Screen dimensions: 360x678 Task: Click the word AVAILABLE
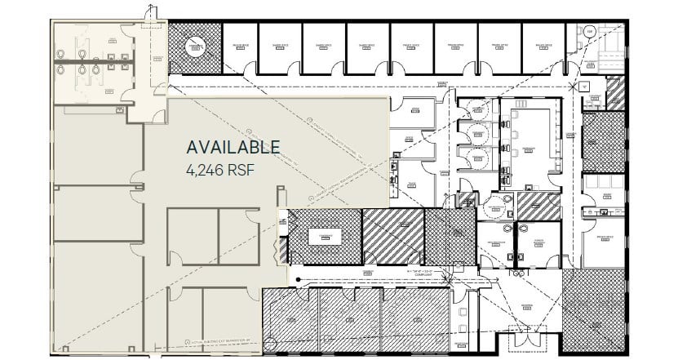(x=233, y=148)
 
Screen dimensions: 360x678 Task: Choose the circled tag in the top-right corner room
(x=588, y=33)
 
